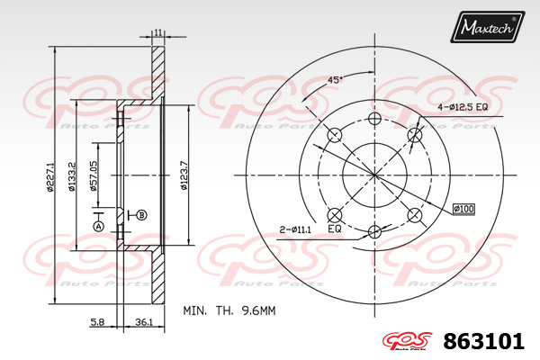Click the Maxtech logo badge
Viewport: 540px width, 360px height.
point(487,27)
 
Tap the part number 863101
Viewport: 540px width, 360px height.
point(484,341)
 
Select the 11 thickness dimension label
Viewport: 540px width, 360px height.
point(158,32)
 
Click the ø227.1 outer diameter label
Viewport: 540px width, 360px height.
point(50,176)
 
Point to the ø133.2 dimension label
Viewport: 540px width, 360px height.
point(72,176)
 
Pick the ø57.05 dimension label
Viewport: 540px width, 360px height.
point(93,175)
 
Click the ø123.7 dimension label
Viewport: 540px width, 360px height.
point(184,175)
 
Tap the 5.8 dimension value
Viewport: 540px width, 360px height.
point(97,322)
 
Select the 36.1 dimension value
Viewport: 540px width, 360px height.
point(144,322)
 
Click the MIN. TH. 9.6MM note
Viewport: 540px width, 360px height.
point(229,310)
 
